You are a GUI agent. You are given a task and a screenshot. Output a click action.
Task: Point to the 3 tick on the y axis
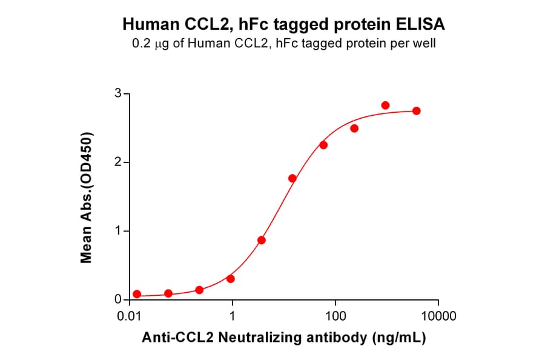[119, 94]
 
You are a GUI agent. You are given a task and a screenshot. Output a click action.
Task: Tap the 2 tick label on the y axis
[119, 162]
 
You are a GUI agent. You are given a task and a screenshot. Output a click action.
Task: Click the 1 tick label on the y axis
[119, 232]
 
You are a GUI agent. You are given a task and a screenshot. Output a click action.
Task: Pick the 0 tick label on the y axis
[119, 300]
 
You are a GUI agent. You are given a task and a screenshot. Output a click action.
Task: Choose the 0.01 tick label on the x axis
[130, 316]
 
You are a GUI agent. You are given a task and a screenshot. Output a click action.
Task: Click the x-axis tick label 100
[335, 316]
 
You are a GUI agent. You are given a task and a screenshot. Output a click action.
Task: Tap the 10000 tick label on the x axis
[438, 316]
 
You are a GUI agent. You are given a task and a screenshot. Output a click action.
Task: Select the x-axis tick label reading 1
[233, 316]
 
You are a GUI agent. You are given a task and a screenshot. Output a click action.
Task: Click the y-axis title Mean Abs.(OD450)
[87, 197]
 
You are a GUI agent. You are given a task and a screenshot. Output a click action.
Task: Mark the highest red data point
[385, 105]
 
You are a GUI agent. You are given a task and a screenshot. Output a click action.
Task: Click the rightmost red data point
[416, 111]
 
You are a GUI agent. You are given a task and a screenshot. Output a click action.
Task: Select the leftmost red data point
[137, 294]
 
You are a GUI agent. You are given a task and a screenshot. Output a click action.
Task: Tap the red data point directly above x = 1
[231, 279]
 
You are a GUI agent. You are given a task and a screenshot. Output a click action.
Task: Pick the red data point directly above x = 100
[323, 145]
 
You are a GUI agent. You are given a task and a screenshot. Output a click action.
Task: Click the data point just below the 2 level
[292, 178]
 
